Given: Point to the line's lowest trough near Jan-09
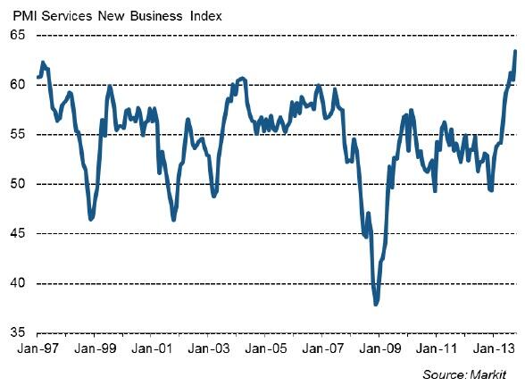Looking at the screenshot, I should tap(376, 305).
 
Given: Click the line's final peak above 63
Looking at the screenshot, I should tap(515, 51).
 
